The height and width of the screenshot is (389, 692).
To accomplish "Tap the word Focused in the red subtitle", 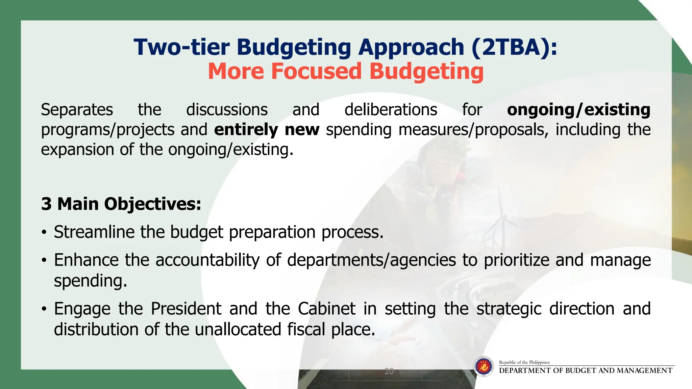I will click(x=316, y=71).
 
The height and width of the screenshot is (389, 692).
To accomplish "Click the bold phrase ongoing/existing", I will click(x=578, y=110).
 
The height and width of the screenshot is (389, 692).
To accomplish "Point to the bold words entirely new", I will click(x=267, y=130).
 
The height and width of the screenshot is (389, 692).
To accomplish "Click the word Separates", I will click(x=77, y=110).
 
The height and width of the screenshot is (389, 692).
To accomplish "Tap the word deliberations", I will click(x=391, y=110).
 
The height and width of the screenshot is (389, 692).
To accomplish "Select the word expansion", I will click(x=77, y=150).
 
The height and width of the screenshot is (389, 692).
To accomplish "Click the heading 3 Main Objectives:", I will click(x=121, y=204).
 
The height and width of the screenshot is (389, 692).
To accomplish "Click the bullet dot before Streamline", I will click(x=44, y=233).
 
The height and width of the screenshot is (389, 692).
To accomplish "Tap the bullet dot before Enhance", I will click(x=44, y=261).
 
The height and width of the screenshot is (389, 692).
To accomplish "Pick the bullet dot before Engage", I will click(x=44, y=309).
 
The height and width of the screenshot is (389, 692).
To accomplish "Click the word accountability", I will click(x=207, y=260).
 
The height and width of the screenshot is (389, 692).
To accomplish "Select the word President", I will click(x=186, y=309).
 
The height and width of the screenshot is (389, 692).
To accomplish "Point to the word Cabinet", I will click(x=326, y=309).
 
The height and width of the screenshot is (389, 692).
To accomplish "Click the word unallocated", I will click(x=238, y=329).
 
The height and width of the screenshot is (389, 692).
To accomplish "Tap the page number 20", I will click(x=389, y=371).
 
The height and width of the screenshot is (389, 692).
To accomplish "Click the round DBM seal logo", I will click(x=484, y=366).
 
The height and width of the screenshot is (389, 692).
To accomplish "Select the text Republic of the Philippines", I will click(x=524, y=362).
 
